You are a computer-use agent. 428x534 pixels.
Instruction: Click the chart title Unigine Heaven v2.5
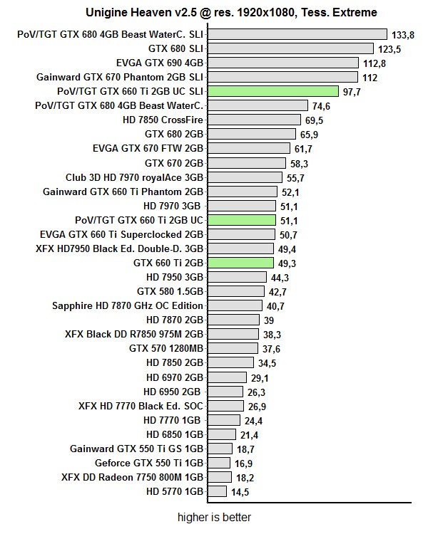(x=232, y=12)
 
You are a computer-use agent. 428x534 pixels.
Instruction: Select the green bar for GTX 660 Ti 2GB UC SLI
(x=272, y=91)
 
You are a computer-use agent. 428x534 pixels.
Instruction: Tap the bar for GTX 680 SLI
(x=290, y=48)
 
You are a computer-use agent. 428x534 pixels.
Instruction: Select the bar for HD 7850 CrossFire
(x=253, y=120)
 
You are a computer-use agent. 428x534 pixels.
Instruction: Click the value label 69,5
(x=314, y=120)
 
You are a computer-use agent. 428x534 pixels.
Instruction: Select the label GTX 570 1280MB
(x=166, y=348)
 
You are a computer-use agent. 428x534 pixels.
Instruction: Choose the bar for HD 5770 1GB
(x=218, y=491)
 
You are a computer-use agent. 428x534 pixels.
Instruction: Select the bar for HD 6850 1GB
(x=221, y=434)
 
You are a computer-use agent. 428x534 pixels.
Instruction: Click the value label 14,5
(x=240, y=491)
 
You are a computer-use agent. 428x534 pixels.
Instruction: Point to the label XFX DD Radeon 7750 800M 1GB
(x=133, y=477)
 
